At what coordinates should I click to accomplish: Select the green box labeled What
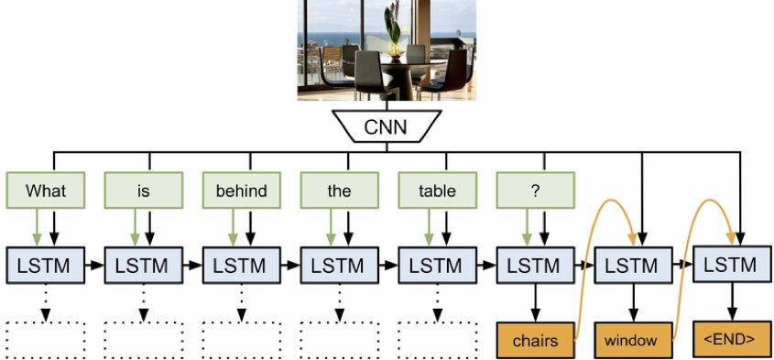point(46,191)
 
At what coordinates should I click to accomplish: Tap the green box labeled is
point(143,191)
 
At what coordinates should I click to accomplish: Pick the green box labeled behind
point(241,191)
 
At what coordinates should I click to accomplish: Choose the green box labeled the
point(339,191)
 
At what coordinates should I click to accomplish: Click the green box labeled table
point(437,191)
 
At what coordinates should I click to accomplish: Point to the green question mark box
point(535,191)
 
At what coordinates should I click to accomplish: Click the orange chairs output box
point(536,341)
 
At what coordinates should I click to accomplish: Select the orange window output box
point(632,341)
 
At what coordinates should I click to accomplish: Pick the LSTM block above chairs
point(535,267)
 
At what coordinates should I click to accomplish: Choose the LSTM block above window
point(632,267)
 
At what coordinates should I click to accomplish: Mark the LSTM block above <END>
point(730,266)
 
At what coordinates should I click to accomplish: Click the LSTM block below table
point(437,267)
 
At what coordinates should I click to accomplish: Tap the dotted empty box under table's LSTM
point(437,340)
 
